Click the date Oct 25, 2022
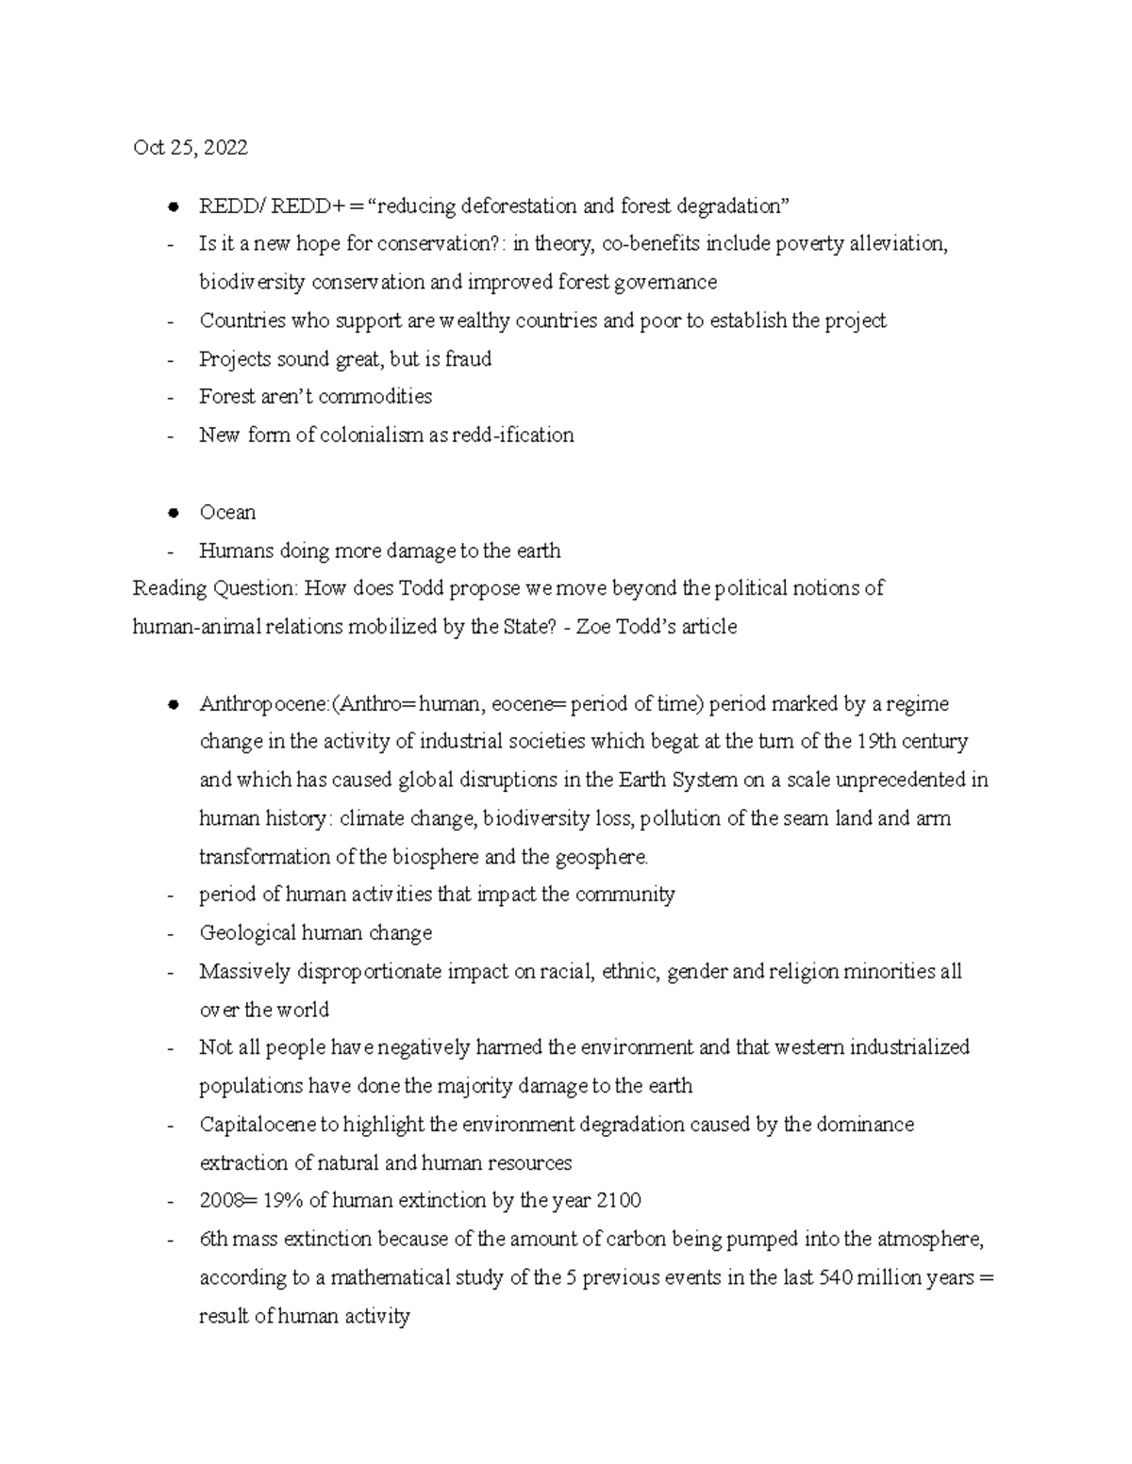pos(191,147)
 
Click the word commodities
pos(375,397)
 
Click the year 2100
pos(620,1201)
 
